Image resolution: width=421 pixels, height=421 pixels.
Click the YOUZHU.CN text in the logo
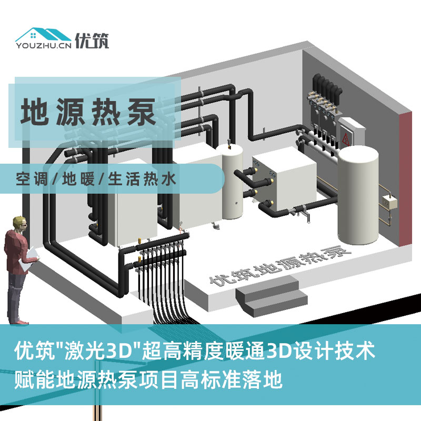44,46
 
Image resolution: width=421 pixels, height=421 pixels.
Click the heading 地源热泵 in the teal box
88,112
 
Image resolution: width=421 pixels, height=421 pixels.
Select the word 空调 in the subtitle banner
32,179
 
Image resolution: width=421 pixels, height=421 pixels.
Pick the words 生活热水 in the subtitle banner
142,179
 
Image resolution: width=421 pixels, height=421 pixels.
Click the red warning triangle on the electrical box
346,139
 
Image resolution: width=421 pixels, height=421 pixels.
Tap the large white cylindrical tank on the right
358,195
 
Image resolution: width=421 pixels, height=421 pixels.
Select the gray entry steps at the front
271,297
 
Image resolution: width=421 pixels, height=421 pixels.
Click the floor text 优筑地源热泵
280,265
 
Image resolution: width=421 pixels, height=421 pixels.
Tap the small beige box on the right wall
389,202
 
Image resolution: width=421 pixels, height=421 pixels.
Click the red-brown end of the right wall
405,179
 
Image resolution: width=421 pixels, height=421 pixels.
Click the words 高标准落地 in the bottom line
232,379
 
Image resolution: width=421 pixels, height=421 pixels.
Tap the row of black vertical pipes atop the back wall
327,86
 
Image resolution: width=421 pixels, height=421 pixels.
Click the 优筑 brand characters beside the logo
92,41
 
